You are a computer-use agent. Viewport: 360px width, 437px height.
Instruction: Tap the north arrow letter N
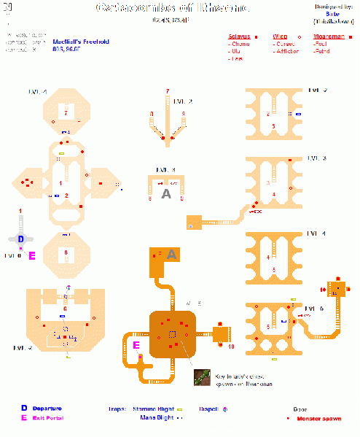pyautogui.click(x=7, y=6)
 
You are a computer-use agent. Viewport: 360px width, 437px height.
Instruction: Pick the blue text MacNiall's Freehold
pyautogui.click(x=79, y=42)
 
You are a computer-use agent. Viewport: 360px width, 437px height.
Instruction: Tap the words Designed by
pyautogui.click(x=332, y=7)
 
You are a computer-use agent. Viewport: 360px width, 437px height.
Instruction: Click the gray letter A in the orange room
pyautogui.click(x=171, y=254)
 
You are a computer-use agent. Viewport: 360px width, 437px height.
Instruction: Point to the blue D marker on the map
pyautogui.click(x=20, y=239)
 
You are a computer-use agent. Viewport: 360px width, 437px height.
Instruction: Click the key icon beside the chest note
pyautogui.click(x=202, y=376)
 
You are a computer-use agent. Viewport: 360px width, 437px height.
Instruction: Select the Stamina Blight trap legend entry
pyautogui.click(x=152, y=409)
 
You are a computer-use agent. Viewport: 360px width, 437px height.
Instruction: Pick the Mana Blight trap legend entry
pyautogui.click(x=155, y=418)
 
